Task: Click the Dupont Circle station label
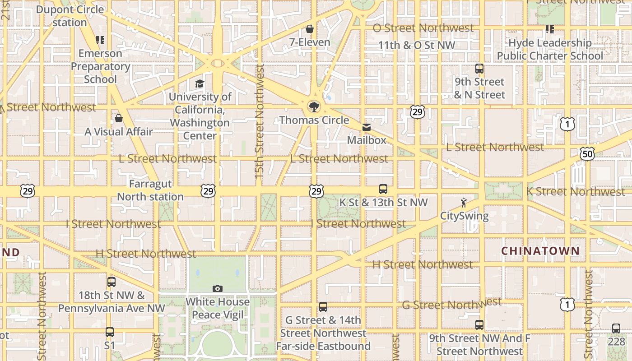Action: coord(70,16)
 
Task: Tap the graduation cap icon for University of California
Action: coord(200,83)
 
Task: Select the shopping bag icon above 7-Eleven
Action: coord(310,29)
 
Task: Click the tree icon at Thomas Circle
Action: coord(314,107)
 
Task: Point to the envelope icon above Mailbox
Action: coord(367,127)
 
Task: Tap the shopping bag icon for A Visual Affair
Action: coord(119,118)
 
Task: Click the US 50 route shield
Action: coord(587,154)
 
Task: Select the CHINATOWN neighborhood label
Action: coord(540,251)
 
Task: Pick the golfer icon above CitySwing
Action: coord(464,203)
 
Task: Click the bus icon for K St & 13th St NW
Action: coord(383,189)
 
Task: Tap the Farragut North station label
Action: coord(150,190)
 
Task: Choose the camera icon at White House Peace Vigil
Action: coord(218,288)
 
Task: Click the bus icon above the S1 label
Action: coord(110,332)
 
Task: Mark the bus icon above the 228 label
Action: coord(616,329)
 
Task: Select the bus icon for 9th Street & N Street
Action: coord(479,69)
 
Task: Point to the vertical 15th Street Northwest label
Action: coord(260,121)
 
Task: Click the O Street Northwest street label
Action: coord(423,28)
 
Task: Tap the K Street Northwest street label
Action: coord(576,191)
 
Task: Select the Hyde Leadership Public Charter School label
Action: coord(550,49)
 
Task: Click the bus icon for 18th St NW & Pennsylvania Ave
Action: coord(112,282)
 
